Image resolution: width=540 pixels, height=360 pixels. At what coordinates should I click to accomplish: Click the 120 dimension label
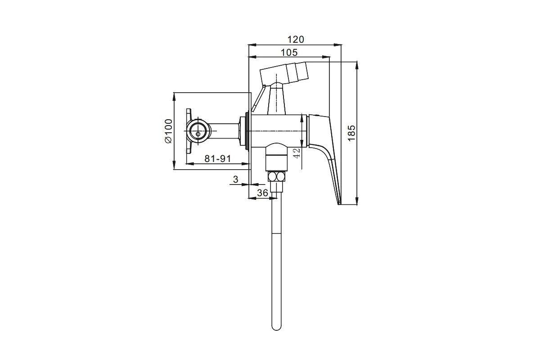[x=296, y=40]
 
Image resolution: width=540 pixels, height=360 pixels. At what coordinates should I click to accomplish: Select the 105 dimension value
[x=288, y=52]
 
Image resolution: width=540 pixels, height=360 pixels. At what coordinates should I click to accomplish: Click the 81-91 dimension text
[x=217, y=158]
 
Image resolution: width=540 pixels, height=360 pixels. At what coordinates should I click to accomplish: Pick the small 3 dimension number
[x=235, y=180]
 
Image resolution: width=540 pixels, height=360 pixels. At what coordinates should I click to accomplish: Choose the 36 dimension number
[x=262, y=193]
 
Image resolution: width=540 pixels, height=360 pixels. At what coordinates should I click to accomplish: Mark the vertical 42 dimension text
[x=296, y=153]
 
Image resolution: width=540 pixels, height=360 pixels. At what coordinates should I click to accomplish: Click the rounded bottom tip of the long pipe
[x=276, y=328]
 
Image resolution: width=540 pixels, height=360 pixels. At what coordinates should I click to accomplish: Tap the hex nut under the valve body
[x=276, y=176]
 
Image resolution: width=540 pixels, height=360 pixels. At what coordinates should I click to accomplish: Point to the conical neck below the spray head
[x=276, y=100]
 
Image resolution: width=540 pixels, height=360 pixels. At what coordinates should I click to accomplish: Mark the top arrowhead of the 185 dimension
[x=357, y=63]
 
